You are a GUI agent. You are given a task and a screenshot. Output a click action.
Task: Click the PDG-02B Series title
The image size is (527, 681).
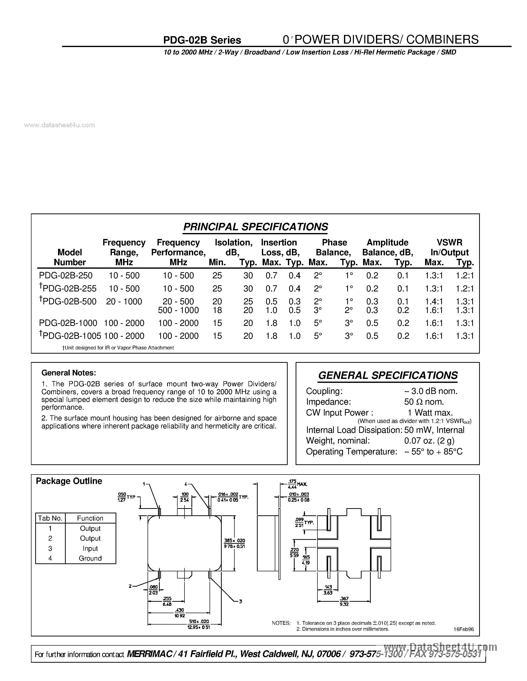202,40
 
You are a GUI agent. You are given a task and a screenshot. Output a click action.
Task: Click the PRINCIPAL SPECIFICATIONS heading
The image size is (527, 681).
255,227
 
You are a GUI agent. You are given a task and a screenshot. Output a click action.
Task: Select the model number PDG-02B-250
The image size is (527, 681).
66,275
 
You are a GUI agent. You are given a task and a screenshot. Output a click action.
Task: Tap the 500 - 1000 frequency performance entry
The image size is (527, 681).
178,310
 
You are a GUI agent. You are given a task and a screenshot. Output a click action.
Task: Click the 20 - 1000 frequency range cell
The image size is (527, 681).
124,302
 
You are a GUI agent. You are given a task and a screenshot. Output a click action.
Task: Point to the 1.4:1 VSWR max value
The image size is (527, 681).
434,302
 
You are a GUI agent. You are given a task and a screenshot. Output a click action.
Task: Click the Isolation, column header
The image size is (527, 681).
234,243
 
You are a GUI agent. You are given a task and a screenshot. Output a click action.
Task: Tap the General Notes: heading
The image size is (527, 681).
69,373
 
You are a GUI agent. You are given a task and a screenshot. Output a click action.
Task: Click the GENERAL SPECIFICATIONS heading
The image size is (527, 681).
388,375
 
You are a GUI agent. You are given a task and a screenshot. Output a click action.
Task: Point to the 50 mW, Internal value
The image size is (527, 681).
434,430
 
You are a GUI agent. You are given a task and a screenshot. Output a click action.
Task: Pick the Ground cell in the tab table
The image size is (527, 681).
90,558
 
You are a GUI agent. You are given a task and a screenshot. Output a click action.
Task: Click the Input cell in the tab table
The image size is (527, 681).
90,549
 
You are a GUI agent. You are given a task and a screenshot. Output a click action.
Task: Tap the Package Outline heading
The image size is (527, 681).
69,481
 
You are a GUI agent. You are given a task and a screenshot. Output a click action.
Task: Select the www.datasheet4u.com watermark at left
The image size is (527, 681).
59,125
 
